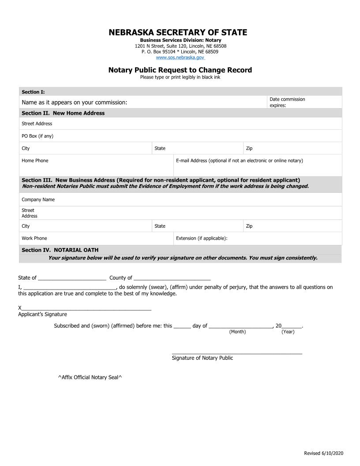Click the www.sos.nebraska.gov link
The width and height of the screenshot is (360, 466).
pos(180,57)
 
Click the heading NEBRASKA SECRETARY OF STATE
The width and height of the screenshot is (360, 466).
pos(178,33)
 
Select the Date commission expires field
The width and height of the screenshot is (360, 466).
pos(304,102)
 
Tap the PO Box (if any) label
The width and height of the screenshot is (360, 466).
pos(37,136)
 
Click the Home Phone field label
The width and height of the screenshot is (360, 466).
pos(35,161)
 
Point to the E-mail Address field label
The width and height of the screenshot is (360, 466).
pos(239,161)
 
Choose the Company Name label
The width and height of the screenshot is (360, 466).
pos(38,199)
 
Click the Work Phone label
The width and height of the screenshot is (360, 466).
pos(34,238)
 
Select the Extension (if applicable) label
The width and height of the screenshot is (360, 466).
pos(202,238)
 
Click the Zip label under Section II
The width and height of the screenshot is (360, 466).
pos(249,148)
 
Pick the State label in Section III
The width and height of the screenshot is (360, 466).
pos(160,226)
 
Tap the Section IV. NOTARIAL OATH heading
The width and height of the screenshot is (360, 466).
pos(60,250)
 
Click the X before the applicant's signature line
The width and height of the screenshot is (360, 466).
pos(20,308)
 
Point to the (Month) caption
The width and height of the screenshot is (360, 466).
pos(237,332)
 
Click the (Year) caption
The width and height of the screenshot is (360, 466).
pos(288,332)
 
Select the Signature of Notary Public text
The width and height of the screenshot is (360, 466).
pos(202,358)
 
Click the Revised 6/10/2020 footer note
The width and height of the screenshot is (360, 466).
pos(323,454)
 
